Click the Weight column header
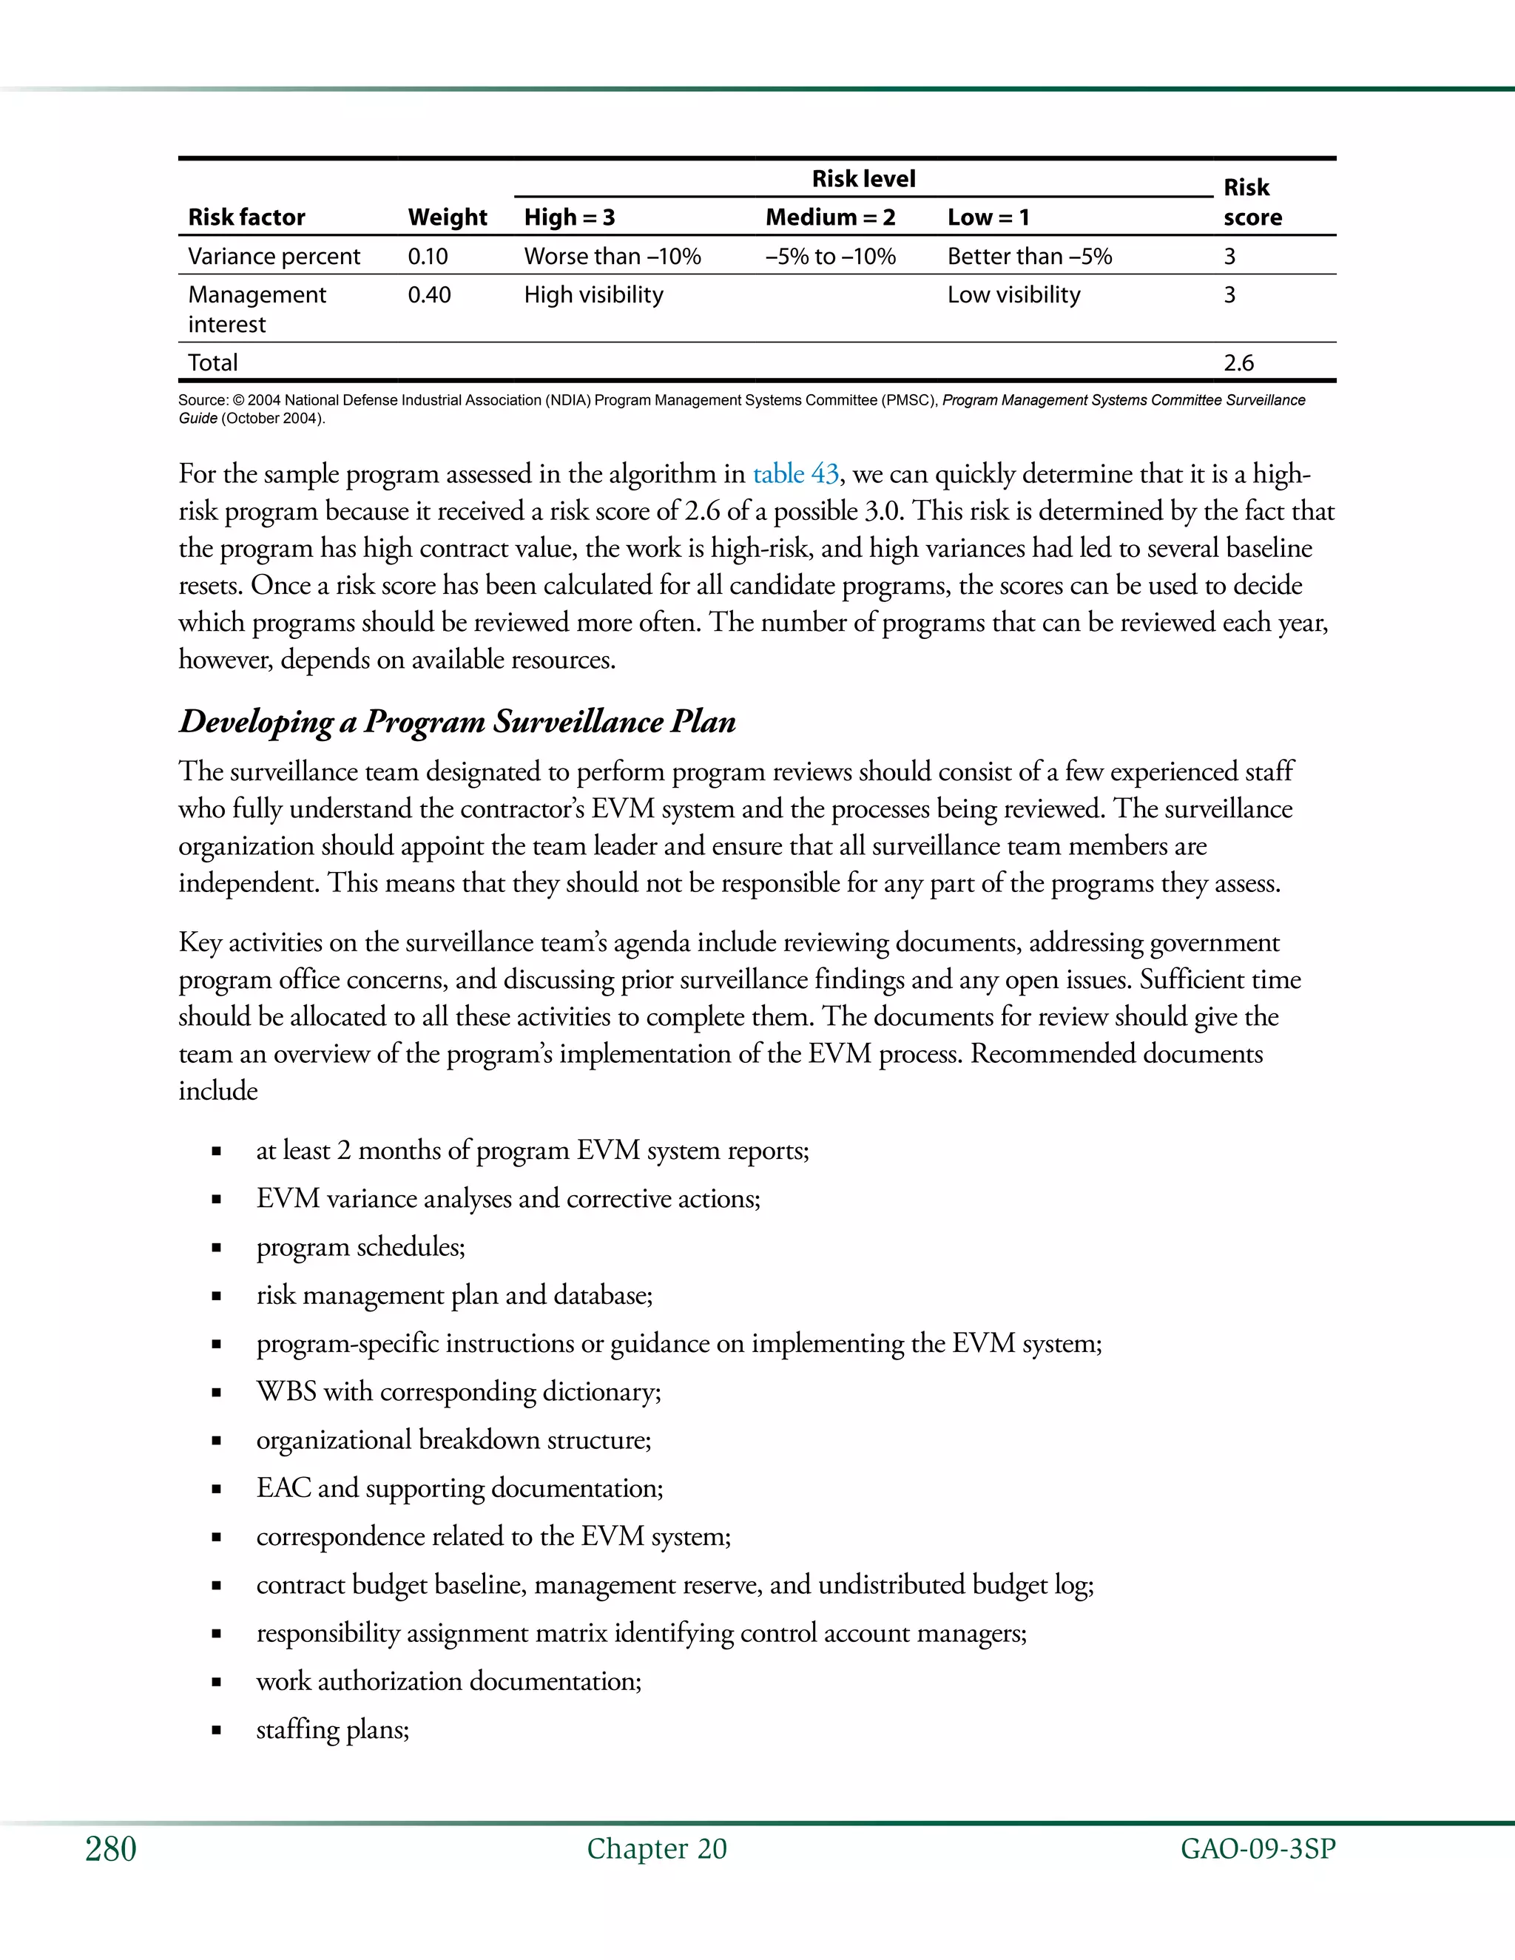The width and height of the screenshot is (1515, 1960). tap(447, 217)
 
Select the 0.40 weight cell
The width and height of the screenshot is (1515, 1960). tap(429, 294)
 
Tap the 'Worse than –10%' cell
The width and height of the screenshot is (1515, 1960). tap(612, 257)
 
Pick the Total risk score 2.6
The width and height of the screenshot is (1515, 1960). tap(1238, 362)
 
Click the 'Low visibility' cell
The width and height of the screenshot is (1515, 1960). tap(1013, 294)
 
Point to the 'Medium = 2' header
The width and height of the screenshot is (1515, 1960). tap(830, 217)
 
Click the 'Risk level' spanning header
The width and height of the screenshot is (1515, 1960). tap(863, 178)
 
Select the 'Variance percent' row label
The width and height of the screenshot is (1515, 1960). tap(274, 257)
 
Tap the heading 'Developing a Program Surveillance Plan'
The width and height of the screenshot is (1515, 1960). tap(457, 722)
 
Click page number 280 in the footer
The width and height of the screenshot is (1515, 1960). tap(110, 1849)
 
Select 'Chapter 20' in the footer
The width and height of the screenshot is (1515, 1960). tap(656, 1849)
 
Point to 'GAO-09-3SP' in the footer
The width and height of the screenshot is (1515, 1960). tap(1258, 1849)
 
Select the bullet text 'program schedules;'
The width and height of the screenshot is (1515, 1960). tap(361, 1246)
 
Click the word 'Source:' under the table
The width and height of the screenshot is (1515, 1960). tap(203, 400)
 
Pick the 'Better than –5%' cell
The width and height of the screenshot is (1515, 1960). tap(1030, 257)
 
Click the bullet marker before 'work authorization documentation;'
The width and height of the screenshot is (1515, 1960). tap(216, 1683)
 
